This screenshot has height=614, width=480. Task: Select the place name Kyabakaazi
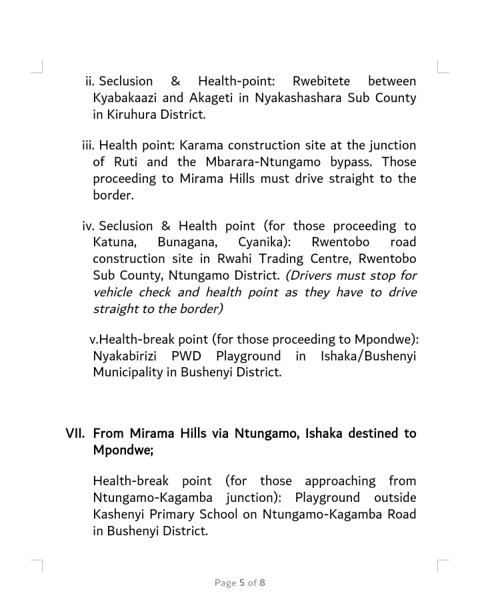click(126, 98)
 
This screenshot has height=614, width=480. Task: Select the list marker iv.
click(89, 226)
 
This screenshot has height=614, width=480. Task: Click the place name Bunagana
click(184, 243)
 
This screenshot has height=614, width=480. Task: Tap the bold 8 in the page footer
click(263, 583)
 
